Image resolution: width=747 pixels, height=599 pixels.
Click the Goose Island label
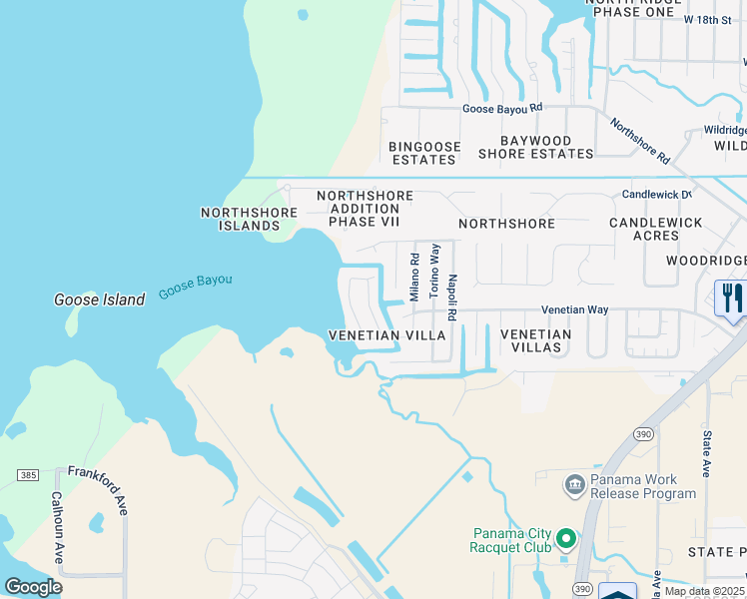99,299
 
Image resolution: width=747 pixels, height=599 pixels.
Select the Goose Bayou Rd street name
501,108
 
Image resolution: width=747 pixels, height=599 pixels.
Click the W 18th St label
715,19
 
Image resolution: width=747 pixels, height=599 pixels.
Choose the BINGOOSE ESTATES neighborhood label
425,153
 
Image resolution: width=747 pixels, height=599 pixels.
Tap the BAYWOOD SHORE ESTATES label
535,148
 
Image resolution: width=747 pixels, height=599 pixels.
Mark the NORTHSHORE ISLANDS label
249,219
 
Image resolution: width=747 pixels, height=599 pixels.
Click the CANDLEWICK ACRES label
655,229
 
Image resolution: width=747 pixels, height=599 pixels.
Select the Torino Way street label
434,271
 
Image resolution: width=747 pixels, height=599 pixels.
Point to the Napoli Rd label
452,297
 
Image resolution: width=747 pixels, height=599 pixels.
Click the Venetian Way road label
575,310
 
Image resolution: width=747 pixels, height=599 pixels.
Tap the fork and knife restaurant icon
733,298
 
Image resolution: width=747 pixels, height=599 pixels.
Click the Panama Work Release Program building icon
574,486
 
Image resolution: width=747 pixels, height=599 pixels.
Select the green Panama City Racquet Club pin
566,540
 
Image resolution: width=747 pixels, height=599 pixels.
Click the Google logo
34,587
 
